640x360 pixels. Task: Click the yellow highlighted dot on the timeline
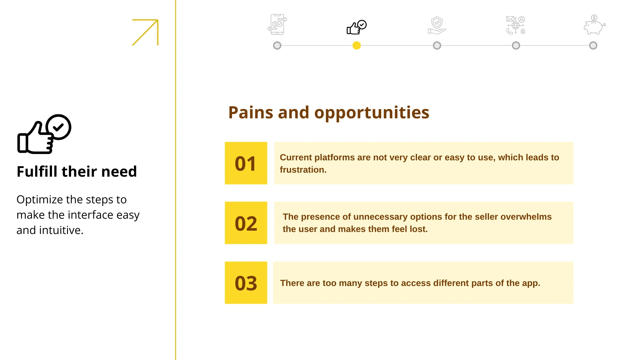[x=357, y=45]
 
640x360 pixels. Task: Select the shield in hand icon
[x=437, y=25]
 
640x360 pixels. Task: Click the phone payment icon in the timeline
[x=277, y=24]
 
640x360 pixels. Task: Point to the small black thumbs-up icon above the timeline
[x=357, y=27]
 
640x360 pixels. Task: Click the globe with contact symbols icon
[x=516, y=25]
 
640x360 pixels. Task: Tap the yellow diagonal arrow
[x=145, y=32]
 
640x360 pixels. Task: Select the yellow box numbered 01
[x=246, y=163]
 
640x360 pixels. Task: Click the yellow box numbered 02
[x=246, y=223]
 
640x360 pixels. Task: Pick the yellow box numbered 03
[x=246, y=283]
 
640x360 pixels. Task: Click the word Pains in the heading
[x=251, y=112]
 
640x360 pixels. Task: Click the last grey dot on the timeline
[x=593, y=45]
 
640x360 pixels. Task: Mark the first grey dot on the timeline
[x=277, y=45]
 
